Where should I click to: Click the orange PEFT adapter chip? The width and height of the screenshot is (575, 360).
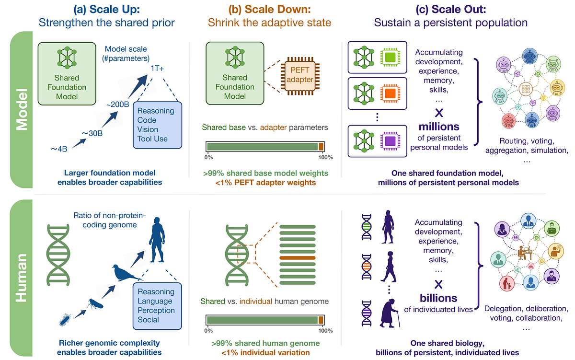[300, 76]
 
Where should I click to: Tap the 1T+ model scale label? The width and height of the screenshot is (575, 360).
[157, 68]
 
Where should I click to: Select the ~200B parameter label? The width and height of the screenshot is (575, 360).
[117, 105]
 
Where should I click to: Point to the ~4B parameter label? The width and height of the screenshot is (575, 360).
[59, 149]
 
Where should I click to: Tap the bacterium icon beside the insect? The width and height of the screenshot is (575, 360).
[65, 320]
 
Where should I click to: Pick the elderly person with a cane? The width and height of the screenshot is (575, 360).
[390, 314]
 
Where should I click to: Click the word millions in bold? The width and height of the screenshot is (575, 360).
[439, 127]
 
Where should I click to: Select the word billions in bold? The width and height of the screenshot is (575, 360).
[438, 298]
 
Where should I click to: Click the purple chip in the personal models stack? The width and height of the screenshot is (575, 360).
[390, 141]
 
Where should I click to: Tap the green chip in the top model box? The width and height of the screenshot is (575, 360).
[390, 57]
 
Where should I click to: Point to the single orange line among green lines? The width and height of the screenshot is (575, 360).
[297, 258]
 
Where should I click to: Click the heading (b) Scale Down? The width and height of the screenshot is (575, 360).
[269, 10]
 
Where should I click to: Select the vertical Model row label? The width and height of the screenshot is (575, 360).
[22, 110]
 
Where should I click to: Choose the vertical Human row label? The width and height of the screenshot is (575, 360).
[21, 278]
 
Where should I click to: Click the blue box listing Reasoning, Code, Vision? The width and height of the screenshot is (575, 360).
[157, 125]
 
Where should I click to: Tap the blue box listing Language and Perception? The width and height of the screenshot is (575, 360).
[157, 306]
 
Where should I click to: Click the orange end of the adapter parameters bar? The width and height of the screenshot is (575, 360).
[321, 147]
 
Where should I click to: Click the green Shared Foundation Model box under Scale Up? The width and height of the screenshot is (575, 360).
[67, 74]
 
